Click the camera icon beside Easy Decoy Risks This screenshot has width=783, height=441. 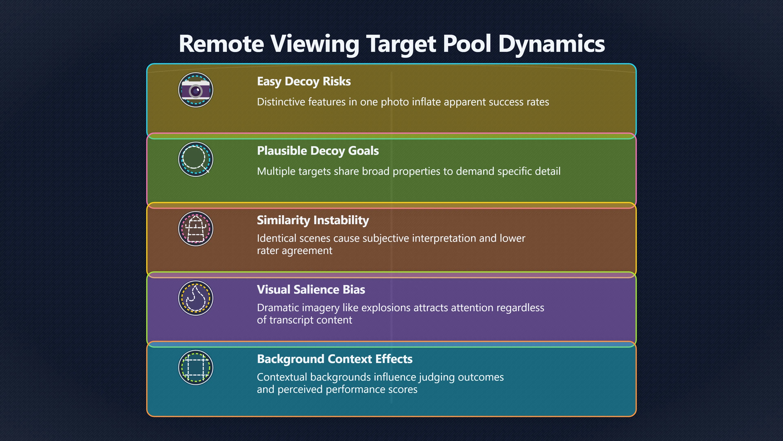[196, 90]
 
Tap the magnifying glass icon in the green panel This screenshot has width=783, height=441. [196, 159]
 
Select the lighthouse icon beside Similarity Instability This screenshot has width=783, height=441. [196, 229]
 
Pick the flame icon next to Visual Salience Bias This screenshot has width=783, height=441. [196, 298]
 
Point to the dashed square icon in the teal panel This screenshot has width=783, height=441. [196, 367]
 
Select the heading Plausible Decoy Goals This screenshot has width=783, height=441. [318, 151]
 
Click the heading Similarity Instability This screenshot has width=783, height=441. [313, 220]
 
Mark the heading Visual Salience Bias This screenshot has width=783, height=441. [311, 290]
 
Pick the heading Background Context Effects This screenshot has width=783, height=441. [335, 359]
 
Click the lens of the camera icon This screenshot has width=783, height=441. [196, 91]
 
